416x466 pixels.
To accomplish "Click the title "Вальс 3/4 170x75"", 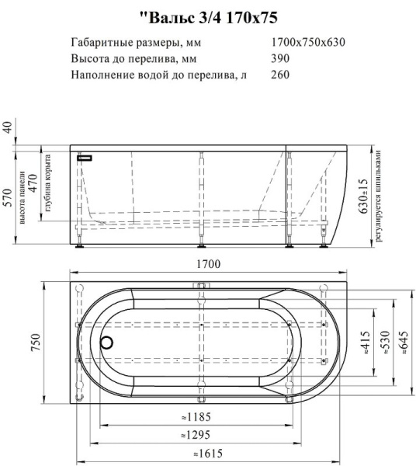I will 208,15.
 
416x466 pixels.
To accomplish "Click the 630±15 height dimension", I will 363,197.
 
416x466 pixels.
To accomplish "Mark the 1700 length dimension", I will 207,265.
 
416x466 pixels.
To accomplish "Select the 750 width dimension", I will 36,343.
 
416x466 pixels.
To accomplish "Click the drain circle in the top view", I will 108,342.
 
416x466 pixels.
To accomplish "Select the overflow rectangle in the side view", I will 85,157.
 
